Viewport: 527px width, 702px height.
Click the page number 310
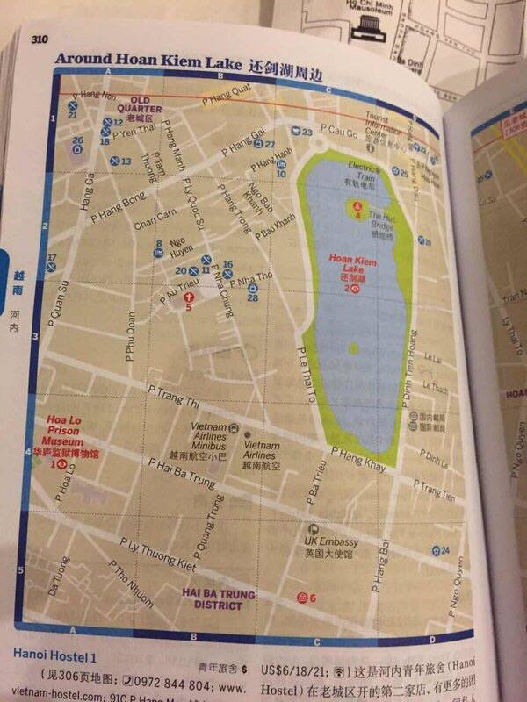point(39,38)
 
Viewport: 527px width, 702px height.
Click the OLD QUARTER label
point(146,105)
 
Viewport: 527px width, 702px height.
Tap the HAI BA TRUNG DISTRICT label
point(219,599)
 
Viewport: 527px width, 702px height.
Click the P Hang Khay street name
point(357,459)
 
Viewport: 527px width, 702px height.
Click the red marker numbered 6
point(303,598)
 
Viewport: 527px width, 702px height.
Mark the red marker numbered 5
point(188,298)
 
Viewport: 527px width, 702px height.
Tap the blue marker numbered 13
point(115,161)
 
